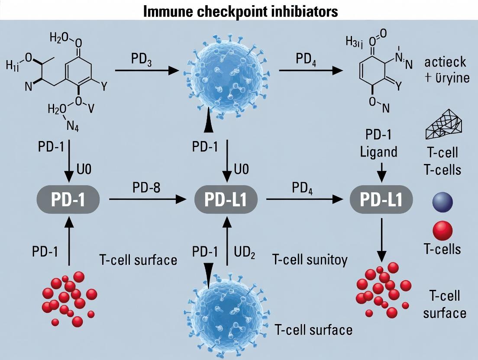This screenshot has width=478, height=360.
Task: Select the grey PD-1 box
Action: tap(69, 199)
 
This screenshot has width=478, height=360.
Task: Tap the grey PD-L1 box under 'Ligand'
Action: tap(381, 199)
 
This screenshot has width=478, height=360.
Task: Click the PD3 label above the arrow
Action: tap(141, 58)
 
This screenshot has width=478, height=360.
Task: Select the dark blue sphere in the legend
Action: tap(442, 202)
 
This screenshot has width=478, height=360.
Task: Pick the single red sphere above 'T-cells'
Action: tap(442, 229)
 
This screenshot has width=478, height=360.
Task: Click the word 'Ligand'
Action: tap(381, 152)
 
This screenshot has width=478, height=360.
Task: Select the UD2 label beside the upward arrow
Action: tap(245, 252)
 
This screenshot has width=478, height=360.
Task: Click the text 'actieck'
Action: tap(445, 61)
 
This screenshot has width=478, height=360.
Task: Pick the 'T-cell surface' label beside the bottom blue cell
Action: tap(313, 330)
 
